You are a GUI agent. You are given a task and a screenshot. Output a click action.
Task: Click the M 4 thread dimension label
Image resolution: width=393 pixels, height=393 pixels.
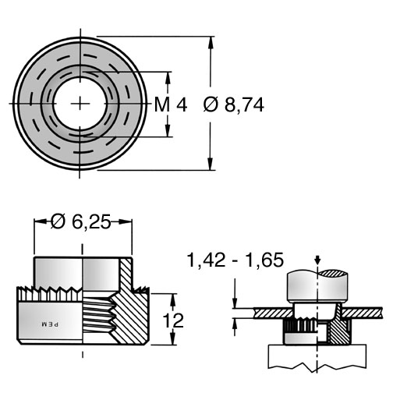tap(171, 104)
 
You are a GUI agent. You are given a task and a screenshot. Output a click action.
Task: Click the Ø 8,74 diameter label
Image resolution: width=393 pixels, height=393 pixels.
tap(234, 105)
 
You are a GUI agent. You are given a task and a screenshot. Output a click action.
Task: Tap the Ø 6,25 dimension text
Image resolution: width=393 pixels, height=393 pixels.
tap(81, 221)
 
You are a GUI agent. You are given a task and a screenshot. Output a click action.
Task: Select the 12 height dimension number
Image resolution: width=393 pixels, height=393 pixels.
tap(173, 320)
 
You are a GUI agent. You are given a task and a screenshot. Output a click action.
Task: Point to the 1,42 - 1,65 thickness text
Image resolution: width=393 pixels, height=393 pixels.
tap(235, 260)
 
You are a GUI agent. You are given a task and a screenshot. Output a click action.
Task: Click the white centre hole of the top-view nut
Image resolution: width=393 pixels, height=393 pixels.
tap(80, 104)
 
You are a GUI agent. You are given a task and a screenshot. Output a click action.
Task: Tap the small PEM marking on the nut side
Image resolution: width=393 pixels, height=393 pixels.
tap(50, 324)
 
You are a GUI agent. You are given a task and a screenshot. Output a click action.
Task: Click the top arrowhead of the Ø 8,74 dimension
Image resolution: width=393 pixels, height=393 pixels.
tap(211, 42)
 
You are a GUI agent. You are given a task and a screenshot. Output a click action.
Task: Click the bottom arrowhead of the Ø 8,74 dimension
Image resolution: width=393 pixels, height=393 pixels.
tap(211, 165)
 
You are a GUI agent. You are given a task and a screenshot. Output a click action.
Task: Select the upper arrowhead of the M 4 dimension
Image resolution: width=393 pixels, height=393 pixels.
tap(168, 77)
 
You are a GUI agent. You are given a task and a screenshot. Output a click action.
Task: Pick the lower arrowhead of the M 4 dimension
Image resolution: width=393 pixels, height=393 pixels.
tap(168, 130)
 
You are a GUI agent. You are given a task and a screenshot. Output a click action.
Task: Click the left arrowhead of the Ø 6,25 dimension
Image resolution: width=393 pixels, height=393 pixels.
tap(41, 221)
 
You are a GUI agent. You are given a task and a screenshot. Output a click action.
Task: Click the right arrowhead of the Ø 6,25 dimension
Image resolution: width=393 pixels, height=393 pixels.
tap(126, 221)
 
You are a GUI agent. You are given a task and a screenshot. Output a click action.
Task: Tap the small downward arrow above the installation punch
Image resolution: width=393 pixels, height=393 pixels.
tap(317, 260)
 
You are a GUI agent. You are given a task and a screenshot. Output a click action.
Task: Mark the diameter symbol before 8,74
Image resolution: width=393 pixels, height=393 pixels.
tap(211, 105)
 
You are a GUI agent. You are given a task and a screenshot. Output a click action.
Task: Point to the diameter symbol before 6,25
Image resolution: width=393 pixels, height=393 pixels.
tap(58, 221)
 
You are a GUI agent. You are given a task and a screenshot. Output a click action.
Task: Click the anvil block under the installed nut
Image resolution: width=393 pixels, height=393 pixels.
tap(317, 356)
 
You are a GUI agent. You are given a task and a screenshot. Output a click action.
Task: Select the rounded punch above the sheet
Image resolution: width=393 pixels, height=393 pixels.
tap(317, 285)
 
